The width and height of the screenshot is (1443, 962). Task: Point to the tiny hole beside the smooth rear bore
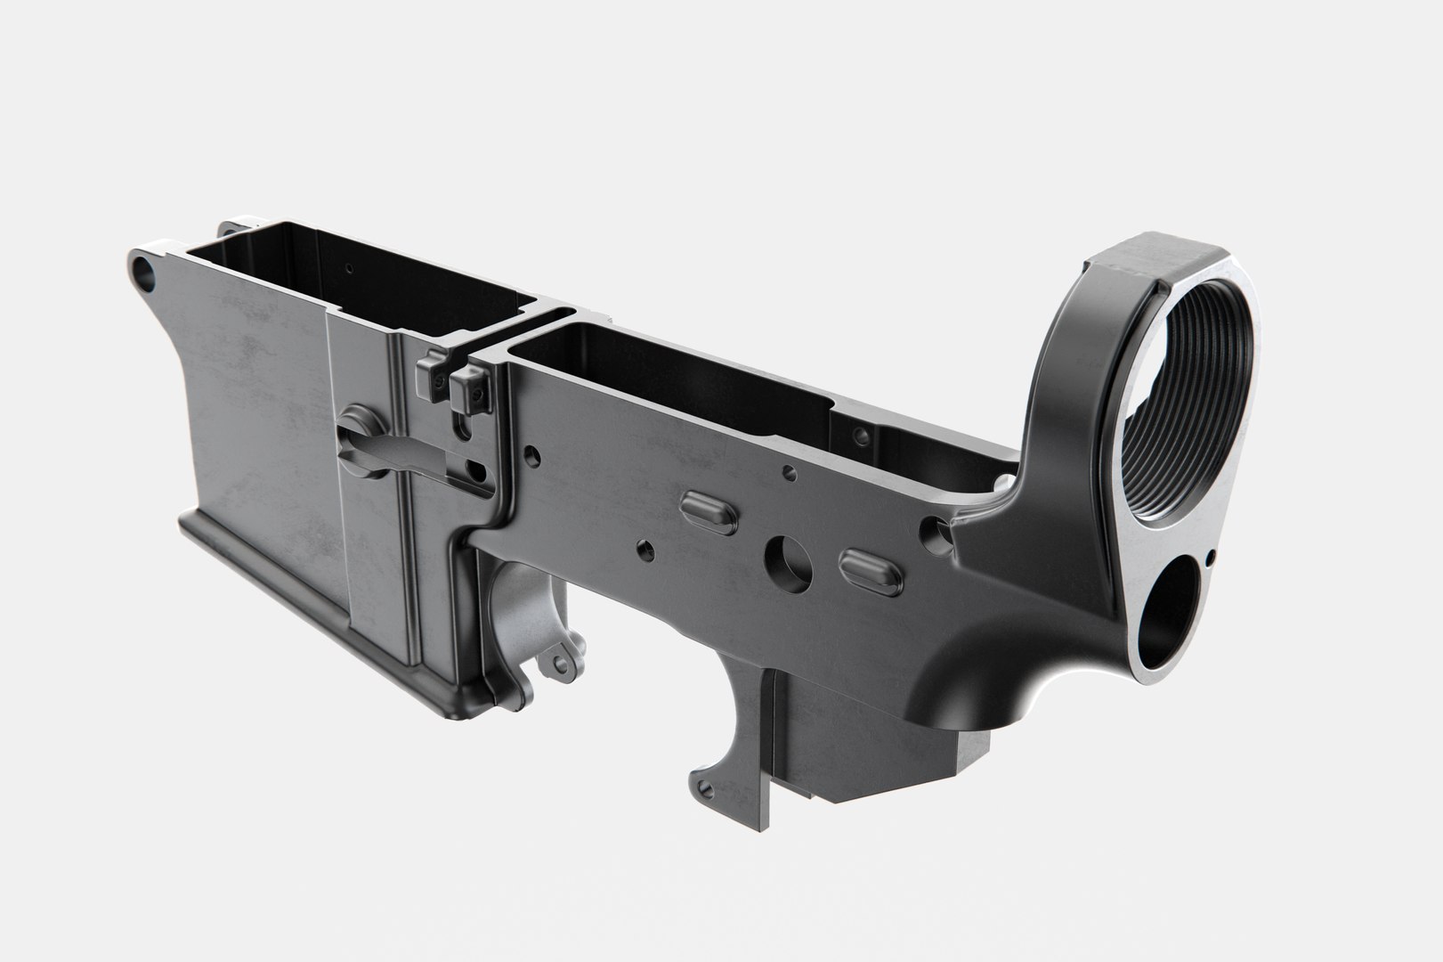[1212, 558]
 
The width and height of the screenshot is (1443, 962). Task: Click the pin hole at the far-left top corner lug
[142, 271]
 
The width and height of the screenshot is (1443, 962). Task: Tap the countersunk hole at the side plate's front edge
[531, 455]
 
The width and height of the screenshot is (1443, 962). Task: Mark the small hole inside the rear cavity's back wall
[860, 436]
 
